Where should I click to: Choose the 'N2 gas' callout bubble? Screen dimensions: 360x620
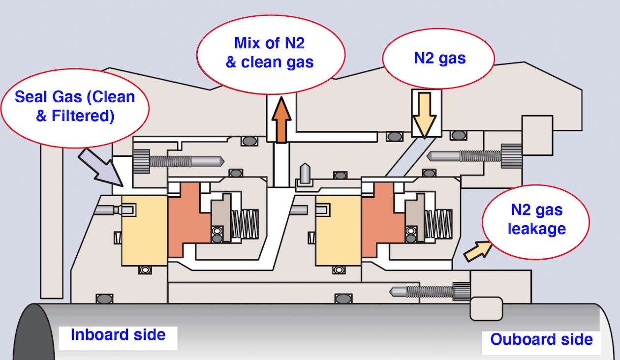(x=438, y=60)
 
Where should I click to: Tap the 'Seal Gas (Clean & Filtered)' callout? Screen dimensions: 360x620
(x=74, y=106)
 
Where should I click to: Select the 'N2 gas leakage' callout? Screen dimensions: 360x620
(x=536, y=220)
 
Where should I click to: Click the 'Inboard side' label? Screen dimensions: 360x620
(x=118, y=335)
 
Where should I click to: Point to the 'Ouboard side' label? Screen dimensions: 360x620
(x=541, y=339)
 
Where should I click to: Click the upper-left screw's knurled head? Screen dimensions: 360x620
(x=141, y=161)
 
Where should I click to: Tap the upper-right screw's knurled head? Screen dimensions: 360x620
(x=511, y=156)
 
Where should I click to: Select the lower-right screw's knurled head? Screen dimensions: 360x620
(x=462, y=291)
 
